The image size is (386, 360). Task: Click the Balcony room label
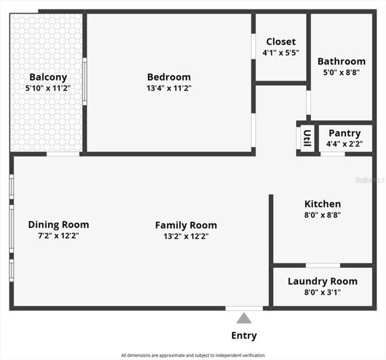47,77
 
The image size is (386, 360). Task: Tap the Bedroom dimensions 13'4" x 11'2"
168,88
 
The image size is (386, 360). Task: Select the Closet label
281,41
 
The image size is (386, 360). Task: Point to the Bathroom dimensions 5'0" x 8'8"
341,73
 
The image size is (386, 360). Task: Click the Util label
307,138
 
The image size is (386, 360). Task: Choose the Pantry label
344,133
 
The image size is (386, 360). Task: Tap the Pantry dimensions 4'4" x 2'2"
344,144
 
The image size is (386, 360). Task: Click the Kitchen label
322,204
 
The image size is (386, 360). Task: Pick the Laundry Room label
322,282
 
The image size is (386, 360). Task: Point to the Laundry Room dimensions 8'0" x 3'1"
322,292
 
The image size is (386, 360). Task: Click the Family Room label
186,225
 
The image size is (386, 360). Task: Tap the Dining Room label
58,225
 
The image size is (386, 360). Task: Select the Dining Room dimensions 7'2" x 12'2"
58,235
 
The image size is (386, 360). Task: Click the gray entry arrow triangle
244,318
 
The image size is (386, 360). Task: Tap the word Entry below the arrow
244,335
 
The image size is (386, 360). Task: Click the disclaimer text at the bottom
193,355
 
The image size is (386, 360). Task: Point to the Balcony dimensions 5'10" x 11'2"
47,88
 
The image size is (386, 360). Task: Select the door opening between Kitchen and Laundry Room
322,265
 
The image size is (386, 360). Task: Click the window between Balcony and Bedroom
85,81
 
